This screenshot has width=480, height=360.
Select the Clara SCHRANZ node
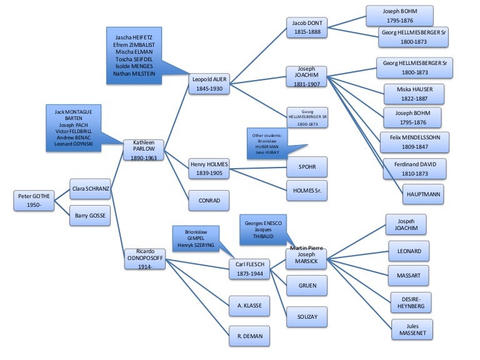90,188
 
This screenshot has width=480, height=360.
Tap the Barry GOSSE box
90,215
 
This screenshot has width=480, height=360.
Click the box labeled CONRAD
209,200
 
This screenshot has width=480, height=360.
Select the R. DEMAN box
249,335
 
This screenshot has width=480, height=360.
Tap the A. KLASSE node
249,305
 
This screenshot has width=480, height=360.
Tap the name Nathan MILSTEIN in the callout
136,74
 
